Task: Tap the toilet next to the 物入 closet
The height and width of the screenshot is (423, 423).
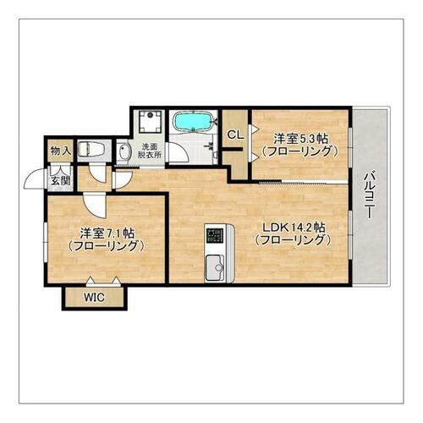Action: click(91, 151)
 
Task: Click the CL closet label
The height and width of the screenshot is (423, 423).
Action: click(236, 135)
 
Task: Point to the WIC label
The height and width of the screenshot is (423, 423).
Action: click(95, 297)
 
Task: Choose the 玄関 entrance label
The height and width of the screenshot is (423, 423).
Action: click(59, 180)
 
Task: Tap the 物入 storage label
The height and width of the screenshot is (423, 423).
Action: click(59, 151)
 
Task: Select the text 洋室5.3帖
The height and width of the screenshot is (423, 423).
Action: click(301, 138)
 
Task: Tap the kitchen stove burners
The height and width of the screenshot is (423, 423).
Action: click(214, 233)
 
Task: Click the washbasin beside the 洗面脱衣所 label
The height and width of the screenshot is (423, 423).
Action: click(124, 153)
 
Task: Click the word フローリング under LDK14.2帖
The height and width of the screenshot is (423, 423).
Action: click(293, 240)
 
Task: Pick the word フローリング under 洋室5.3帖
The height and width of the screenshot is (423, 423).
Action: click(301, 151)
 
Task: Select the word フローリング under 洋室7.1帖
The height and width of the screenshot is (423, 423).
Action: click(107, 245)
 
